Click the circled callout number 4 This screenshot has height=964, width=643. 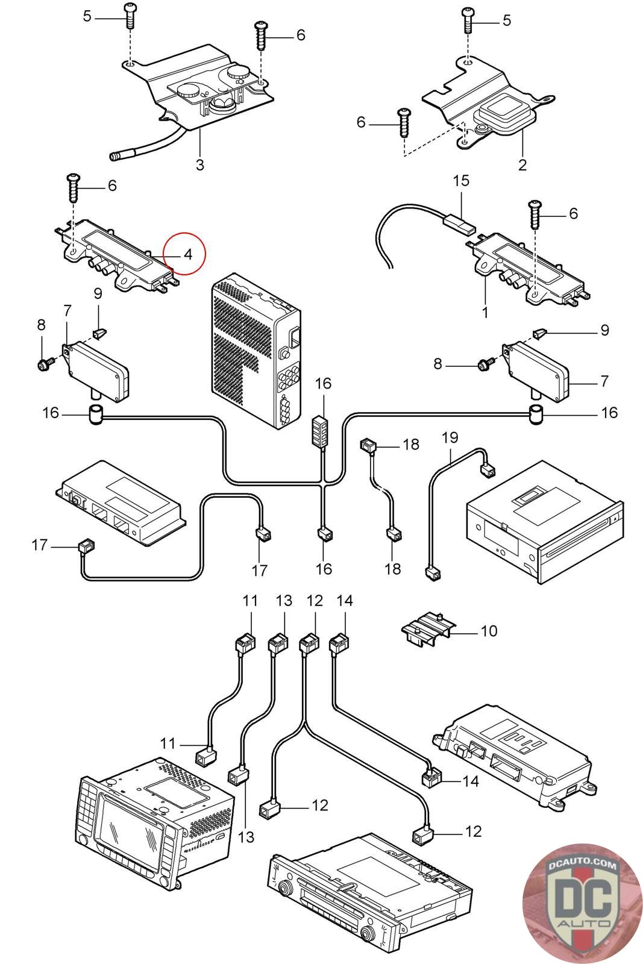click(x=188, y=254)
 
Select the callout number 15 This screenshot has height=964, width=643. click(x=461, y=181)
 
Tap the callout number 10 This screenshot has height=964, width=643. click(x=489, y=631)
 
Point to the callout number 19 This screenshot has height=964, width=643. click(x=450, y=437)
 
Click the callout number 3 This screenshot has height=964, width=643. click(x=200, y=164)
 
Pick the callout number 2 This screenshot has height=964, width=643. click(x=522, y=164)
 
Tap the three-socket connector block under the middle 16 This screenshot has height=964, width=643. click(x=321, y=428)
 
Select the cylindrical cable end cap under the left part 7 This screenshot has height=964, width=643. click(x=96, y=415)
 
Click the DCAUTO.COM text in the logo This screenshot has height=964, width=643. click(x=583, y=866)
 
